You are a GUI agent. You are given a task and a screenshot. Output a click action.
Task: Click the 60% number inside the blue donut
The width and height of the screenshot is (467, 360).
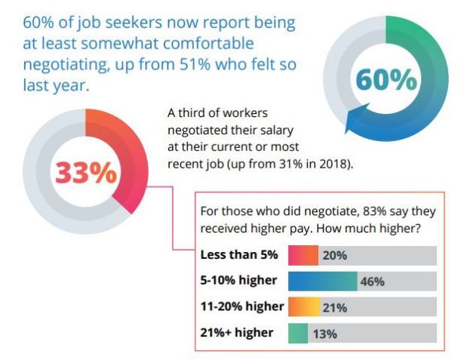(386, 79)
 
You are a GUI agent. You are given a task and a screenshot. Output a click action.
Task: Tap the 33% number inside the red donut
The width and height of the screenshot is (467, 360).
(85, 173)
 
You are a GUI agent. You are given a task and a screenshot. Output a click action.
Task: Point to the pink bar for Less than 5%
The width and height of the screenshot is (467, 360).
(303, 255)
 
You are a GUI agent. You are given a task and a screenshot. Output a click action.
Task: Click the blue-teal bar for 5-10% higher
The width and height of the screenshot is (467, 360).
(322, 282)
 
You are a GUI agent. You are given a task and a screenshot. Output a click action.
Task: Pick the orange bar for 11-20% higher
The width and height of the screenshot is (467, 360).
(303, 307)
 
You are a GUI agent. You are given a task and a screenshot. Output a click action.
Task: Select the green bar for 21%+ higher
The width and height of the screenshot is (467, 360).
(298, 334)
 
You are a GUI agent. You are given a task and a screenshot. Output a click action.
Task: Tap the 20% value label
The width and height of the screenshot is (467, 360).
(334, 255)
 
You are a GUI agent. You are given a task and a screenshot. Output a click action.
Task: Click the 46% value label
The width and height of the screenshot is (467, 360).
(373, 282)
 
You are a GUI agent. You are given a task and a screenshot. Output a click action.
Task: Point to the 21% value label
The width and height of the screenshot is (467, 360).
(334, 307)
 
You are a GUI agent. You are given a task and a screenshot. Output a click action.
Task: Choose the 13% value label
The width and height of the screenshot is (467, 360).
(324, 334)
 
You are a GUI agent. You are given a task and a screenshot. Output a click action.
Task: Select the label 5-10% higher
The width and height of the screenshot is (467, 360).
(238, 281)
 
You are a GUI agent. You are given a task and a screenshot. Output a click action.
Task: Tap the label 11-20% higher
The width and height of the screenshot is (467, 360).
(241, 306)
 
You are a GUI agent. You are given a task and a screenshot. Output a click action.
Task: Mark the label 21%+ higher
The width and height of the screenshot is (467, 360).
(237, 333)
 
